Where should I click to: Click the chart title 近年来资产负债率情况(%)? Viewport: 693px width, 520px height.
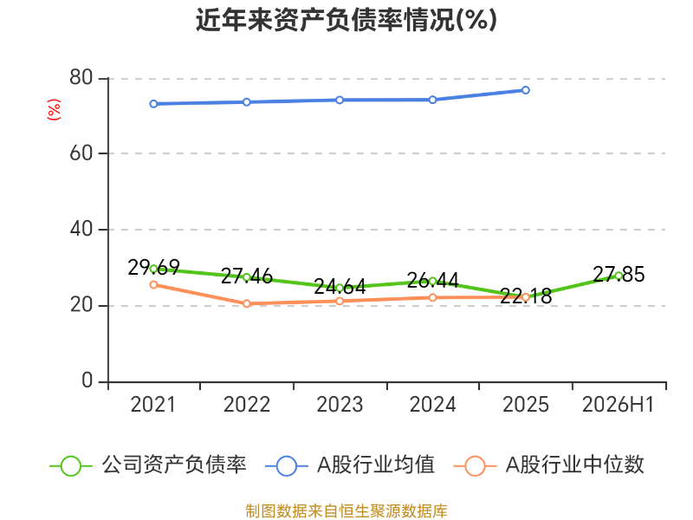pos(346,20)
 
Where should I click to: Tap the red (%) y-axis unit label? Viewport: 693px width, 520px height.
pos(54,110)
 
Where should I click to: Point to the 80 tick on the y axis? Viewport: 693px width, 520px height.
pos(81,77)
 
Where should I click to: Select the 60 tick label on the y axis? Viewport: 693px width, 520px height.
pos(81,153)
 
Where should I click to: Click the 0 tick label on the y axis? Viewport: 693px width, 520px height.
pos(87,380)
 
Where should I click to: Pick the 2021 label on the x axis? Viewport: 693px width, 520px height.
pos(153,405)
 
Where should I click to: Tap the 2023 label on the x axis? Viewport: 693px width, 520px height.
pos(340,405)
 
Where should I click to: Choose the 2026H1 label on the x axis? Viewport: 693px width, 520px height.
pos(618,405)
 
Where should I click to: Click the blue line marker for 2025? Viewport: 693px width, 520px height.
pos(526,90)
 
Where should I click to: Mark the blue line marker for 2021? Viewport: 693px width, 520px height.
pos(153,104)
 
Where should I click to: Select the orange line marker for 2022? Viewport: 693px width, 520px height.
pos(247,303)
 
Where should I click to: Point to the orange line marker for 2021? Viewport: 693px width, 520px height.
pos(153,285)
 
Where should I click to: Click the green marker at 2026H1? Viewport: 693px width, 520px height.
pos(619,276)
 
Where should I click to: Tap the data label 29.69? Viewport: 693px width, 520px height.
pos(154,268)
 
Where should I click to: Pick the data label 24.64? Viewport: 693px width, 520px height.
pos(340,287)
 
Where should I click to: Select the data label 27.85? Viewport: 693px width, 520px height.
pos(619,275)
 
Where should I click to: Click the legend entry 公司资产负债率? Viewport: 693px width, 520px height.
pos(148,465)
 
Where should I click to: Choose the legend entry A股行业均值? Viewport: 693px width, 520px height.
pos(350,465)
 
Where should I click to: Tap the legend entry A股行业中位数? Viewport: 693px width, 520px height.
pos(549,465)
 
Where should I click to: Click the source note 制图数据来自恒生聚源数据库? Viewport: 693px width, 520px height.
pos(346,511)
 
